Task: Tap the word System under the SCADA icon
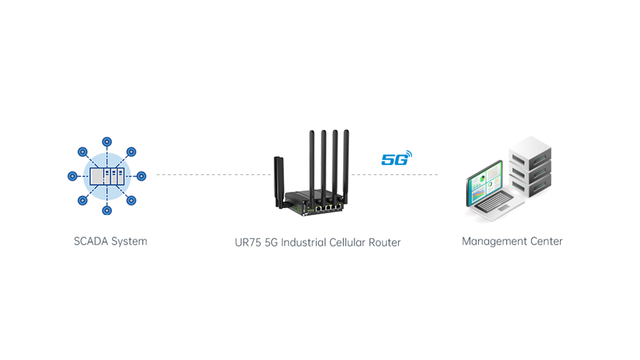[129, 241]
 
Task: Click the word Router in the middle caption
[384, 243]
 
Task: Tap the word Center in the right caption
[546, 241]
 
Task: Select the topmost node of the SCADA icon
[106, 142]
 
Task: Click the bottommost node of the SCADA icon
[106, 210]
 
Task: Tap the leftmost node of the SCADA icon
[72, 176]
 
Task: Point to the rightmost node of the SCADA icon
[141, 176]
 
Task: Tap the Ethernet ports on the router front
[328, 206]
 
